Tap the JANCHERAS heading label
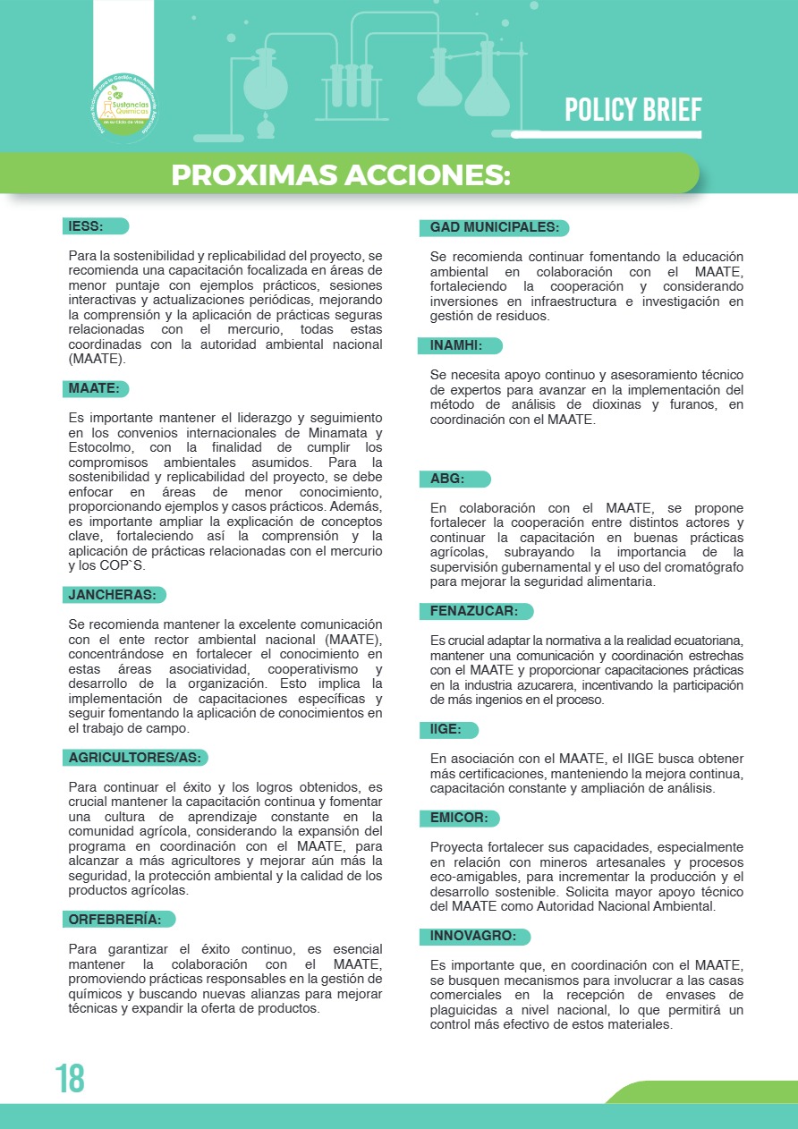coord(114,595)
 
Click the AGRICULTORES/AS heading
coord(136,758)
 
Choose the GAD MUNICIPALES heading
coord(495,228)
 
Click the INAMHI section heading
coord(458,345)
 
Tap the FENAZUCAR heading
coord(475,612)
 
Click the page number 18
coord(69,1079)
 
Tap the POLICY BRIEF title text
coord(632,110)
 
